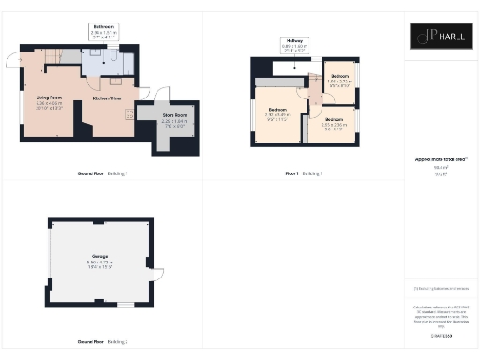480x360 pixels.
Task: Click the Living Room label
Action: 49,102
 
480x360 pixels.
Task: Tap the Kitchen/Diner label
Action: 106,98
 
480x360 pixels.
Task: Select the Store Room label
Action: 156,119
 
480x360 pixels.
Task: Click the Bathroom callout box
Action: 103,30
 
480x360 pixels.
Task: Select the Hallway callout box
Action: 295,44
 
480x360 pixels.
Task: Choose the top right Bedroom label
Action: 338,80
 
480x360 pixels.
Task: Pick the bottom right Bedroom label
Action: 334,123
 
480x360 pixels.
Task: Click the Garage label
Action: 100,262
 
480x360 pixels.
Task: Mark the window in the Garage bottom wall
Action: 125,305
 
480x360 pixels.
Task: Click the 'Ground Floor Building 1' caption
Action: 102,173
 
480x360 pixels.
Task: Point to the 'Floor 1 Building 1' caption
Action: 303,173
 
